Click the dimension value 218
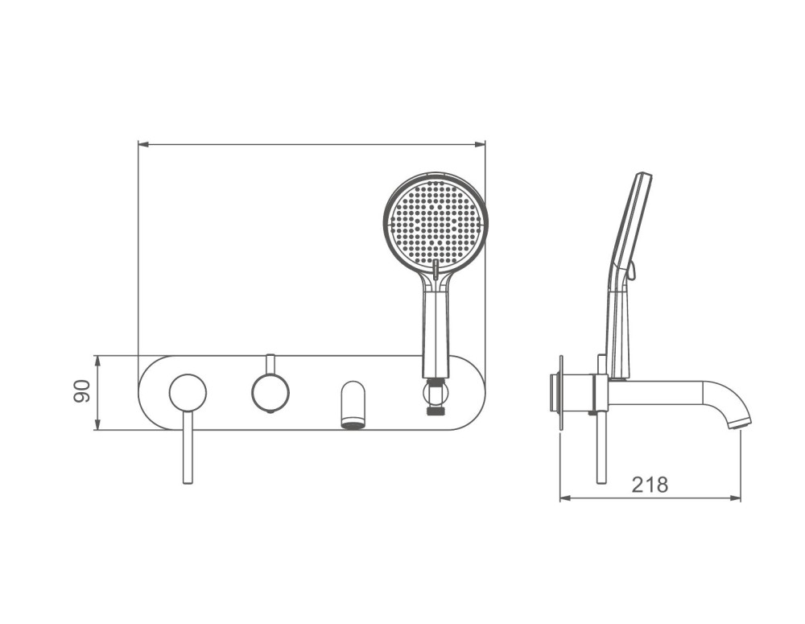coord(650,485)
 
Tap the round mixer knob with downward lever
coord(188,393)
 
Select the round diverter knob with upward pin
coord(270,394)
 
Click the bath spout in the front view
coord(353,404)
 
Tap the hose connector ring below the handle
coord(436,394)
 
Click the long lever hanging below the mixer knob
coord(188,448)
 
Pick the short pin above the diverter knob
coord(270,365)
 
